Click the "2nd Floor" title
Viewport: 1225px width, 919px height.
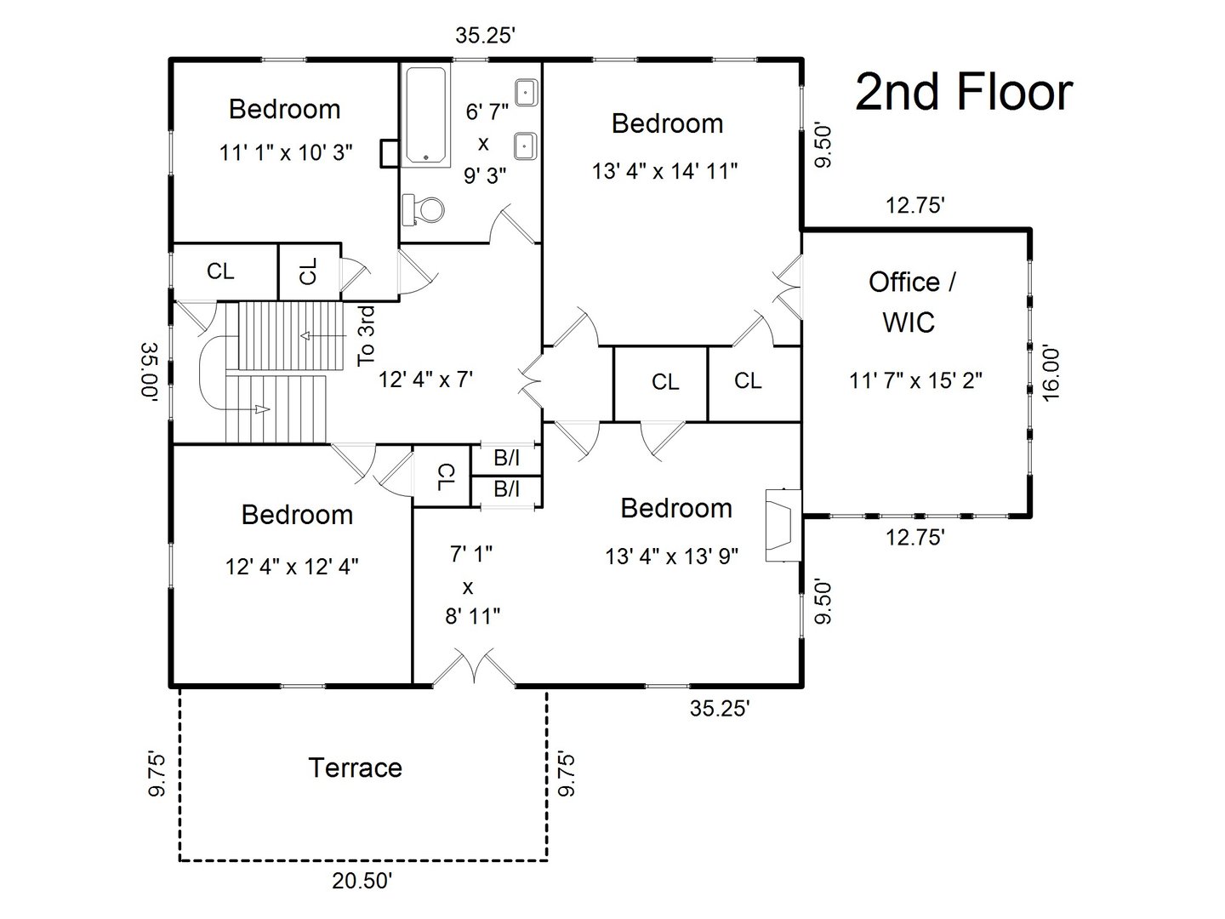point(963,92)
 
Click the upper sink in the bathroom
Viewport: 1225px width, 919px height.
point(526,91)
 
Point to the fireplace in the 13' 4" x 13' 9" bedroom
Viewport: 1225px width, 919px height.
point(782,525)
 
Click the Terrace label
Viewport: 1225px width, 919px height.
point(355,768)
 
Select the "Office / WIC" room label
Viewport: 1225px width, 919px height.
point(911,301)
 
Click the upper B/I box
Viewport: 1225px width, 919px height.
point(507,458)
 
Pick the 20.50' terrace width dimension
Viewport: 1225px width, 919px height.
point(362,882)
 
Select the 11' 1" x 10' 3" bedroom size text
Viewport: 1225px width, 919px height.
point(286,153)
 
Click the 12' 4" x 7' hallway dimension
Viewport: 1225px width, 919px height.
point(425,380)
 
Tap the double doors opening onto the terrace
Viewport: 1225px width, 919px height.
point(472,668)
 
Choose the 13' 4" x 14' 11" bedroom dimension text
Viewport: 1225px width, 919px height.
point(664,171)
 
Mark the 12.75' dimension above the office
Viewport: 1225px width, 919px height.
point(915,205)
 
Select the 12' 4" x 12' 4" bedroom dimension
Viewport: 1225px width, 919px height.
point(292,566)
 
